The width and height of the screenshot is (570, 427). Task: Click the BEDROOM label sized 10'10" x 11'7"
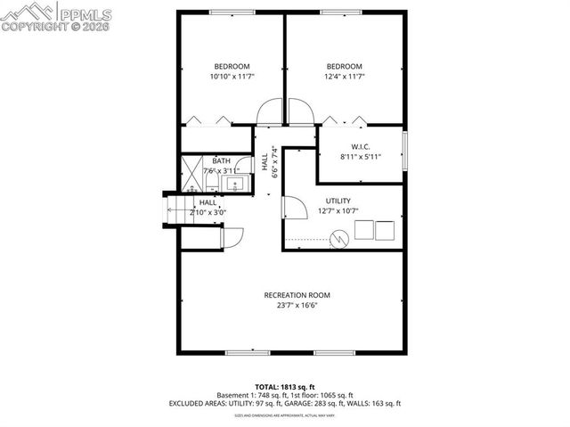click(232, 66)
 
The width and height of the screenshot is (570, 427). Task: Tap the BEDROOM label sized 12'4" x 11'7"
click(344, 66)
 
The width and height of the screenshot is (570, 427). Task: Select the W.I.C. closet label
click(360, 146)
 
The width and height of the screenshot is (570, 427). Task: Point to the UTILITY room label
click(338, 201)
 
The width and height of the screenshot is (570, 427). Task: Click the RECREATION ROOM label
click(297, 295)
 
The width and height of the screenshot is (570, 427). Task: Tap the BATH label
click(221, 161)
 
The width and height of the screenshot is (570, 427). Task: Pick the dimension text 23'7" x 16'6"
click(297, 306)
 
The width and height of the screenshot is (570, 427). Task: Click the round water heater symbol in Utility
click(338, 238)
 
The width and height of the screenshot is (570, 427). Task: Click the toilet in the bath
click(211, 183)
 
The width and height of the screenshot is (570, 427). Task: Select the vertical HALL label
click(265, 161)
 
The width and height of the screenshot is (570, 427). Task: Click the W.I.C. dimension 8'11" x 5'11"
click(360, 157)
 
